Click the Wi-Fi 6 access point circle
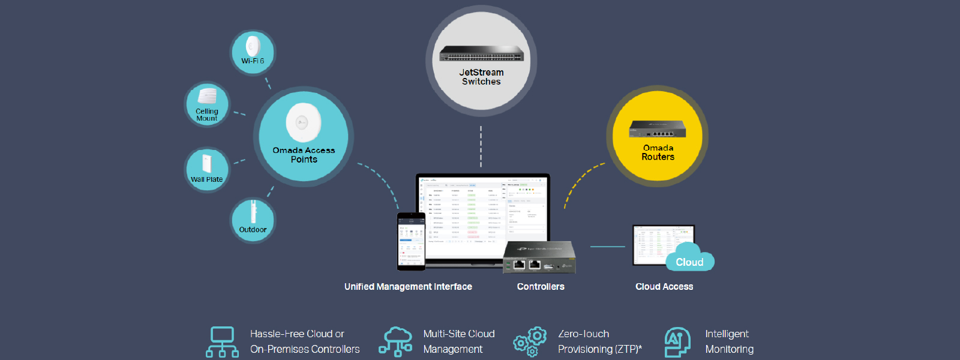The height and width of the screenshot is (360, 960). [253, 53]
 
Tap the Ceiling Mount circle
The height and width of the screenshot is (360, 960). [207, 104]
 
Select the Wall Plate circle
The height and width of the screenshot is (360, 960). [206, 170]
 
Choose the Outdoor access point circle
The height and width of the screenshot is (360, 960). [253, 220]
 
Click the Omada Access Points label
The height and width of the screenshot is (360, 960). [304, 155]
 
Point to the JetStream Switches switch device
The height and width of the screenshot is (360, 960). [481, 54]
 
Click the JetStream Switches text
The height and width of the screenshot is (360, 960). [481, 77]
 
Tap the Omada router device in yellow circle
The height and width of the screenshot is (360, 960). [657, 130]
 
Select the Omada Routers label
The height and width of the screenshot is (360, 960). [658, 152]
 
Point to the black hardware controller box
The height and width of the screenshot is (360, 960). [539, 257]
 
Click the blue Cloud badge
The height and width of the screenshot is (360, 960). [689, 262]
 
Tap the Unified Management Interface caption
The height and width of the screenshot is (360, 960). [408, 287]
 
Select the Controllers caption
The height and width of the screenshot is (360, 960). [541, 287]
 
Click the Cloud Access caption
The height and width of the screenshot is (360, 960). [664, 287]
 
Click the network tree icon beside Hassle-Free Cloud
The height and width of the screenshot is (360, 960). [222, 341]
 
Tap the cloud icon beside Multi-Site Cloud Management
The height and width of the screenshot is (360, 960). [395, 341]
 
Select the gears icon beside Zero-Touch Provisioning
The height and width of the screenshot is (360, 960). [530, 342]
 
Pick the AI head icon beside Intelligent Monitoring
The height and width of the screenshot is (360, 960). [677, 342]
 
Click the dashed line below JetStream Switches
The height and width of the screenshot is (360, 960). [481, 147]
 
